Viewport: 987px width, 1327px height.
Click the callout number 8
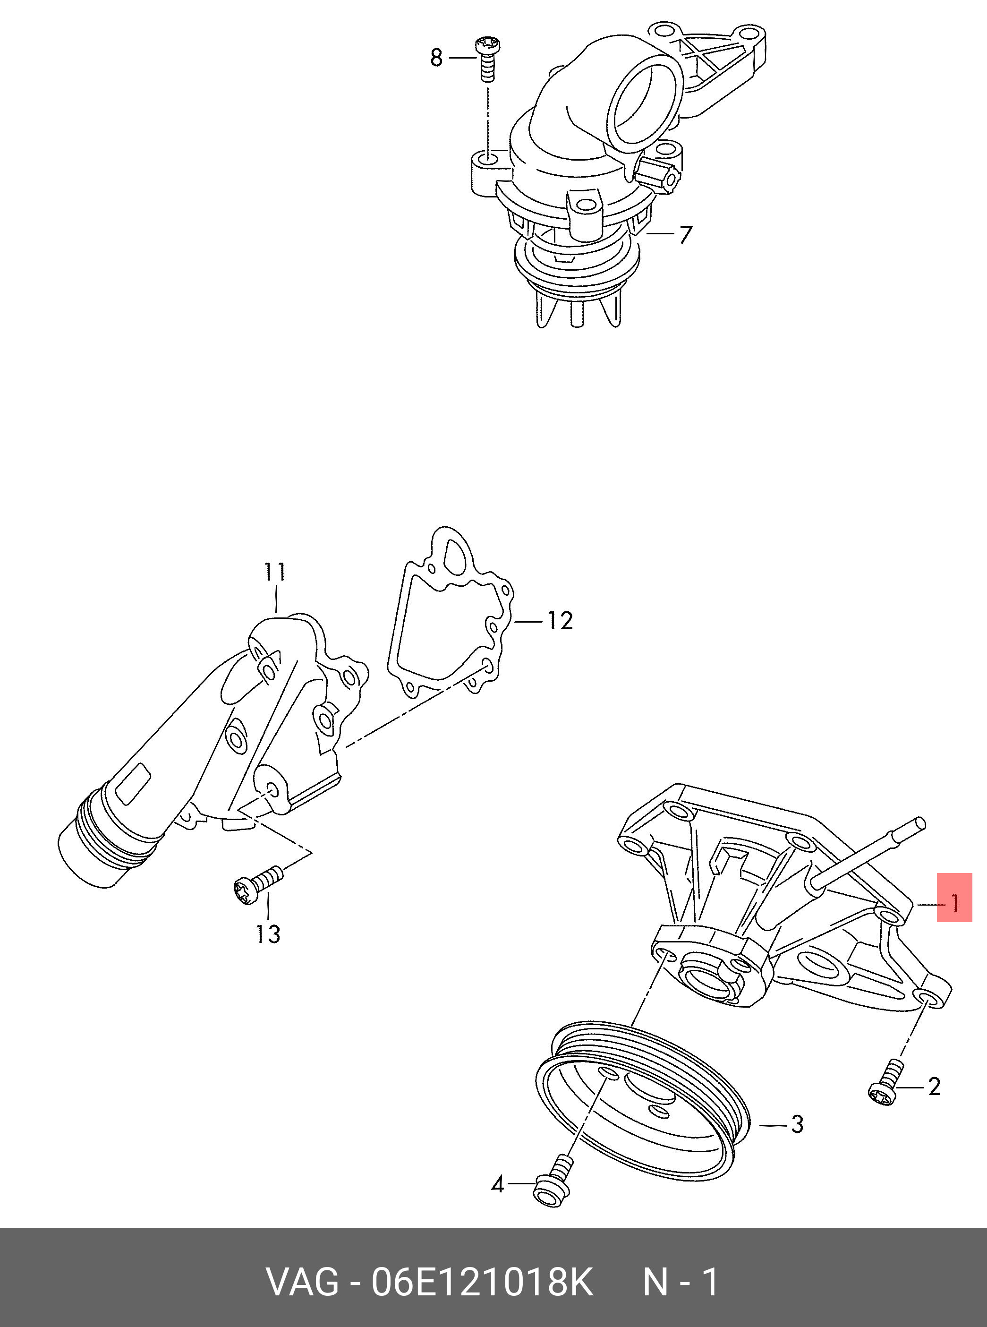coord(437,58)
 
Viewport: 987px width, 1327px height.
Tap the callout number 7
coord(685,234)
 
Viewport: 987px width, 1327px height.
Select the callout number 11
coord(275,572)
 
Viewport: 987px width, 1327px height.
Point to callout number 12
coord(560,622)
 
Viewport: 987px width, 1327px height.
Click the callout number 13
coord(268,933)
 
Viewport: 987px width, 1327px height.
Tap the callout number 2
coord(935,1086)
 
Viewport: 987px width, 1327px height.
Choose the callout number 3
coord(797,1125)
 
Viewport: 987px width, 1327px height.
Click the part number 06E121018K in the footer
coord(482,1281)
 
